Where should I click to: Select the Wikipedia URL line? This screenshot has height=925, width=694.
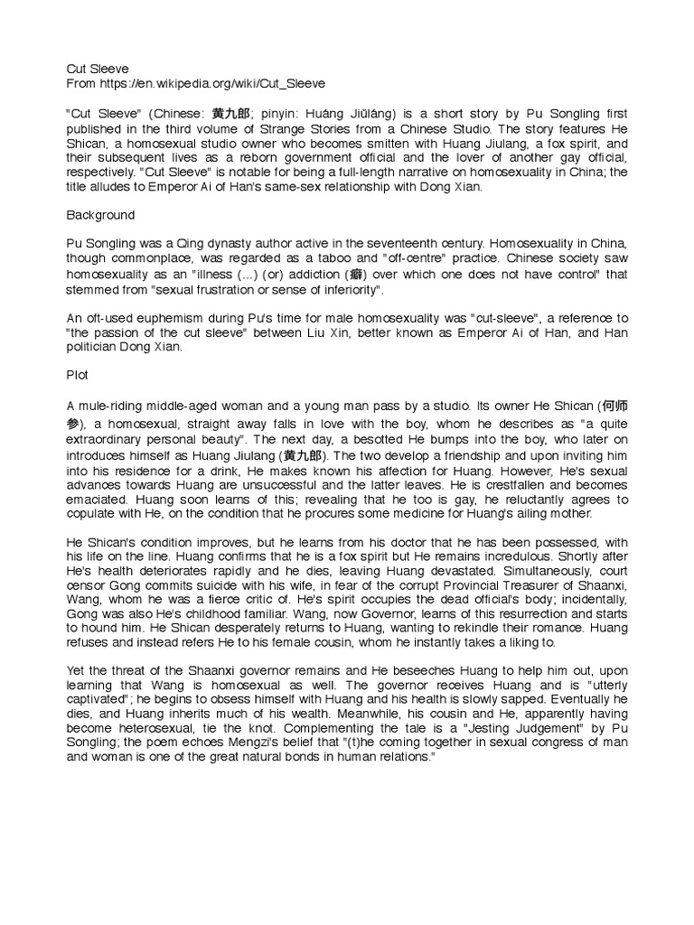[x=196, y=83]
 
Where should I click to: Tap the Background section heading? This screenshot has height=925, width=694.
[x=100, y=216]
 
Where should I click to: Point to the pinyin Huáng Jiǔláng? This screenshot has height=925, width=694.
[x=324, y=114]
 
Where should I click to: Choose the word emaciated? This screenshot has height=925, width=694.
[x=98, y=498]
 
